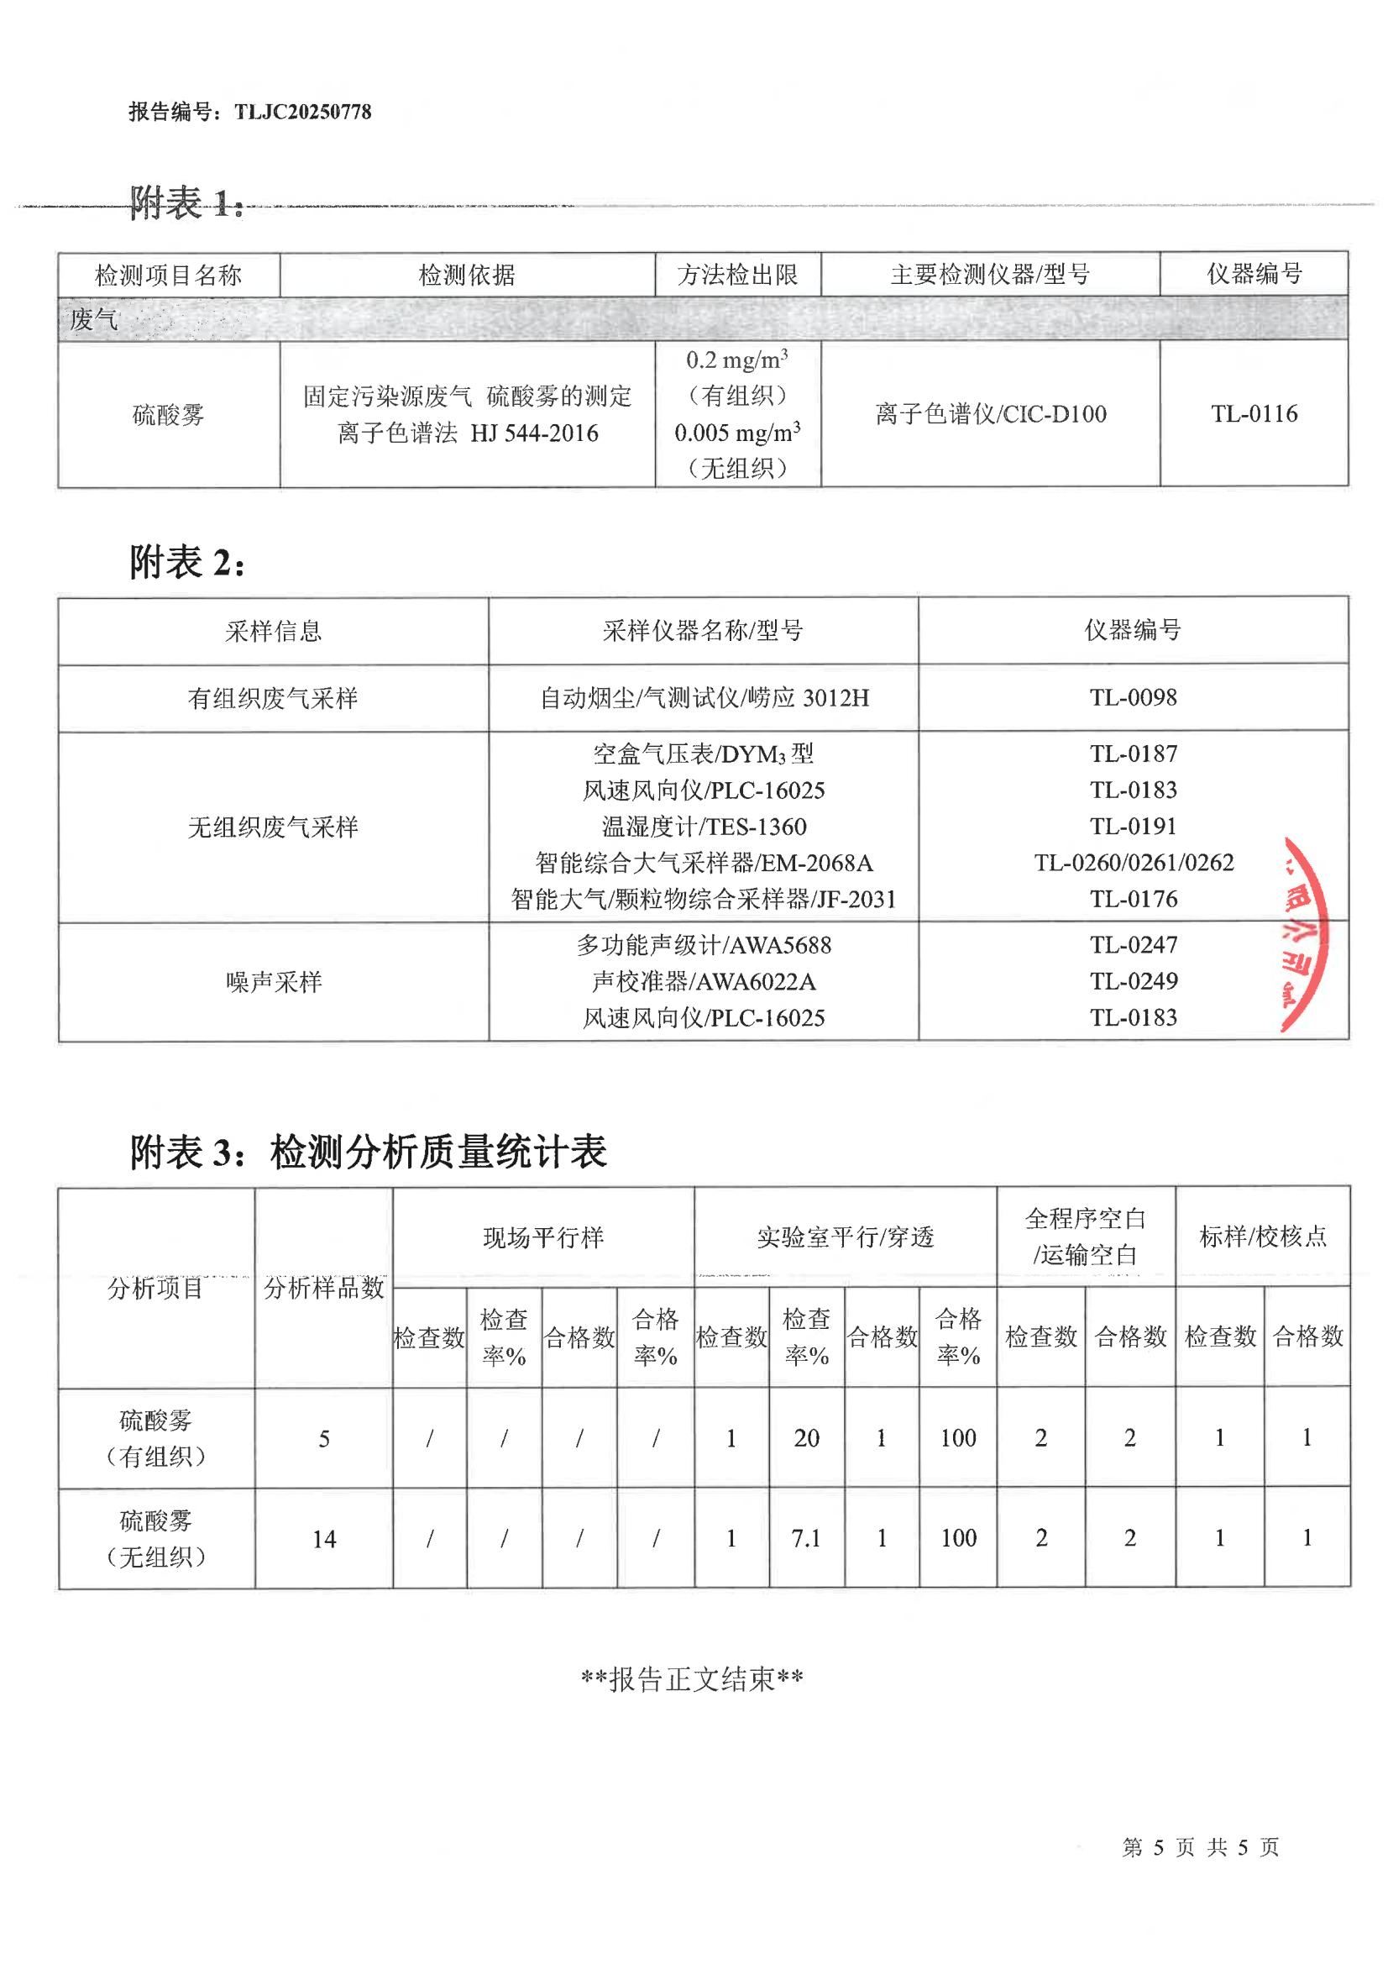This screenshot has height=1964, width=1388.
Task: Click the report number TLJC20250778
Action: coord(303,112)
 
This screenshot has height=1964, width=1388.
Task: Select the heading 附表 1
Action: coord(186,203)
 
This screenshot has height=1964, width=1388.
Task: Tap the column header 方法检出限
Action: coord(737,275)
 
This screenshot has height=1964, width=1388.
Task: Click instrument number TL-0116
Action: coord(1254,414)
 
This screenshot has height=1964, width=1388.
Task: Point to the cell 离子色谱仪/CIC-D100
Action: coord(990,414)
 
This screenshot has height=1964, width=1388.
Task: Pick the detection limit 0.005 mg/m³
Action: coord(737,433)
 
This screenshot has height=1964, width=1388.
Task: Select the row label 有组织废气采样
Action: coord(273,699)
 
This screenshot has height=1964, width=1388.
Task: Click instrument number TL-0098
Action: coord(1133,698)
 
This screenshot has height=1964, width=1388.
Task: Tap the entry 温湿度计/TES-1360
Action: coord(703,827)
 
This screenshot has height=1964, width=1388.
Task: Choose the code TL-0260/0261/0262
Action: coord(1133,862)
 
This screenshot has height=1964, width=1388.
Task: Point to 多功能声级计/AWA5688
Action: coord(703,945)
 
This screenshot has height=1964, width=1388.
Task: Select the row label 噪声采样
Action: coord(273,982)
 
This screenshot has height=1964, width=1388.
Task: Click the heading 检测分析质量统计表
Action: coord(437,1153)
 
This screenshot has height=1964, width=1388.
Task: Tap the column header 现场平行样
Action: coord(543,1237)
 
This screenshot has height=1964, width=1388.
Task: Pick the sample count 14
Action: coord(324,1540)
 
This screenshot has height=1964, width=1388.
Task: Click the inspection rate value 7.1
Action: coord(805,1539)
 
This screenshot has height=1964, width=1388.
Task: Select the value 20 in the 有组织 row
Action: coord(805,1439)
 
